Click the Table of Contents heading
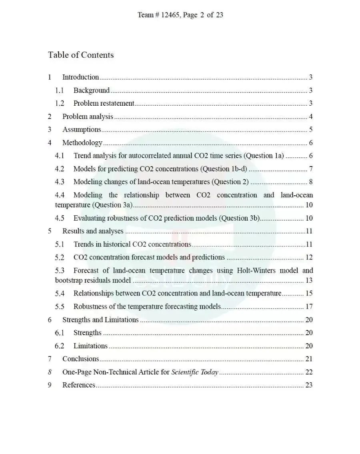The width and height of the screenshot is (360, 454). pyautogui.click(x=81, y=55)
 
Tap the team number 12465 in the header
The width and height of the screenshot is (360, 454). pyautogui.click(x=170, y=15)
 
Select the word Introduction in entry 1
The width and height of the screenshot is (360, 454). pyautogui.click(x=80, y=77)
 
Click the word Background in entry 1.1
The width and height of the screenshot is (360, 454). pyautogui.click(x=91, y=90)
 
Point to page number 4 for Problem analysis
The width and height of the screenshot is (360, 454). pyautogui.click(x=310, y=117)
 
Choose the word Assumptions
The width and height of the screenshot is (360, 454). pyautogui.click(x=82, y=129)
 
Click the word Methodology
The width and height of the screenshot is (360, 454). pyautogui.click(x=82, y=143)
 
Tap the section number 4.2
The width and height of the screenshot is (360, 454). pyautogui.click(x=59, y=169)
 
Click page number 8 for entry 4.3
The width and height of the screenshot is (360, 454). pyautogui.click(x=310, y=182)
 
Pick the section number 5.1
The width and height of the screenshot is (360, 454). pyautogui.click(x=59, y=244)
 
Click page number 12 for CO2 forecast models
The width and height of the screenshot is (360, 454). pyautogui.click(x=309, y=257)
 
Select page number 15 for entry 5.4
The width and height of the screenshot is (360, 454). pyautogui.click(x=309, y=293)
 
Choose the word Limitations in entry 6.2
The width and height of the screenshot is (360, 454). pyautogui.click(x=90, y=346)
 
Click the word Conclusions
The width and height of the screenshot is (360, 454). pyautogui.click(x=80, y=359)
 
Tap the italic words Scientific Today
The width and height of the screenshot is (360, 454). pyautogui.click(x=194, y=372)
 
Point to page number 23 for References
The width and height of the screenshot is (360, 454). pyautogui.click(x=309, y=385)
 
